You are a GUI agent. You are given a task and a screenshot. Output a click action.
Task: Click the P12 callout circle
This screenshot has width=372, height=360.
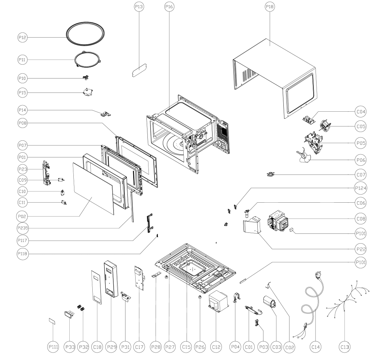pyautogui.click(x=23, y=38)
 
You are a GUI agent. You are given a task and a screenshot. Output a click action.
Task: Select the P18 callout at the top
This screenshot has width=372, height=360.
pyautogui.click(x=270, y=7)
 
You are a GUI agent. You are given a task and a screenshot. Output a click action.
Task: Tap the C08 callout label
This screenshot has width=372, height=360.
pyautogui.click(x=361, y=219)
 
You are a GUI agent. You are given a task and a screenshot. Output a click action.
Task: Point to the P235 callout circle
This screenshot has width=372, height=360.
pyautogui.click(x=23, y=228)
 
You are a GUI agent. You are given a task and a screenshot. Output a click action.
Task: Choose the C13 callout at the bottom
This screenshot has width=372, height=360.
pyautogui.click(x=345, y=347)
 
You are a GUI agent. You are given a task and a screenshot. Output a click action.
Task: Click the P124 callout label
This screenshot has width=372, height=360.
pyautogui.click(x=361, y=188)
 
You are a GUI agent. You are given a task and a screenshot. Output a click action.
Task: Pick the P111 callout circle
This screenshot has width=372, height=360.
pyautogui.click(x=53, y=347)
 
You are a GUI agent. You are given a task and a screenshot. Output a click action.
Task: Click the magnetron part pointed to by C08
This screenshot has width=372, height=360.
pyautogui.click(x=278, y=221)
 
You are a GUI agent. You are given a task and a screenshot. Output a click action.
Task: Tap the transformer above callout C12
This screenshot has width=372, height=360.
pyautogui.click(x=218, y=300)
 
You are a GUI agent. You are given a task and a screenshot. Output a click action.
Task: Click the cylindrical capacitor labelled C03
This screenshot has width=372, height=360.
pyautogui.click(x=270, y=302)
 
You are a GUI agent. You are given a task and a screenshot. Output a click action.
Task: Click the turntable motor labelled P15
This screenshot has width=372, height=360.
pyautogui.click(x=88, y=92)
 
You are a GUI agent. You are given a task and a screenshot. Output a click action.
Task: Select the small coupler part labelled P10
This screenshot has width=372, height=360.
pyautogui.click(x=86, y=77)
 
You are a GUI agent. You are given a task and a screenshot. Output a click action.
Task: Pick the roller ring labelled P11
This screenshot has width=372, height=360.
pyautogui.click(x=87, y=60)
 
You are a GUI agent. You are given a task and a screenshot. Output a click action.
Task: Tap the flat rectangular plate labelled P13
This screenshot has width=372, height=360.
pyautogui.click(x=139, y=70)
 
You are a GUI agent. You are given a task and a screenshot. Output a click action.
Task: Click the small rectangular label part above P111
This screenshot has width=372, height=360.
pyautogui.click(x=52, y=321)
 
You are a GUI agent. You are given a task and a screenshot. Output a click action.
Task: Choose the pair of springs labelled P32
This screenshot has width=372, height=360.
pyautogui.click(x=81, y=308)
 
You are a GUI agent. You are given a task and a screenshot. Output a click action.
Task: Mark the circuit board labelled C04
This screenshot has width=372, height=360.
pyautogui.click(x=309, y=119)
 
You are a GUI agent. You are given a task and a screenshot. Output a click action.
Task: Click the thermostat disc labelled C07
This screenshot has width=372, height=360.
pyautogui.click(x=271, y=175)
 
